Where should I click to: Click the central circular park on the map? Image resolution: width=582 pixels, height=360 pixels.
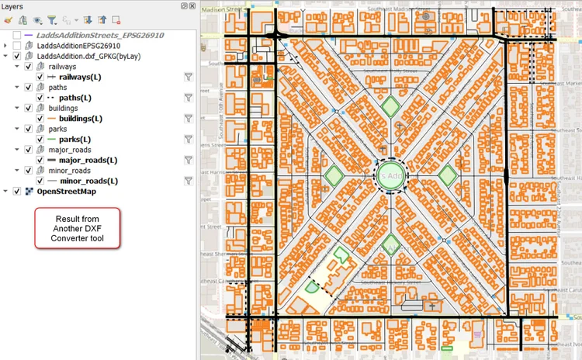(390, 177)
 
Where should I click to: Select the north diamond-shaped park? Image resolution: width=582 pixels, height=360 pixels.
(391, 106)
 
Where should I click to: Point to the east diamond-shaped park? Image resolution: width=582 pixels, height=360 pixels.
(448, 176)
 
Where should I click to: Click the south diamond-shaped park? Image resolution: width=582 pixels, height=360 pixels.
(391, 242)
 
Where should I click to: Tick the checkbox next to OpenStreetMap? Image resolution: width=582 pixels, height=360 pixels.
(17, 192)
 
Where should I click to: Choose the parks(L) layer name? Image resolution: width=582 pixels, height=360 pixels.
(76, 140)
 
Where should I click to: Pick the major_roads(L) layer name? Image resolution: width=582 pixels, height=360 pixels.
(88, 161)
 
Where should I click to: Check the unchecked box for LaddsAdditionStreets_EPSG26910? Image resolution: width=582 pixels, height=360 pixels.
(17, 36)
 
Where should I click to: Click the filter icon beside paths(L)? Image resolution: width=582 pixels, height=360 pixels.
(188, 98)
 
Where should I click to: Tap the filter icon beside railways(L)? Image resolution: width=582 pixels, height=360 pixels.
(188, 77)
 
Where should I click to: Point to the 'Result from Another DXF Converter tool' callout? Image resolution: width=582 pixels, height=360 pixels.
(77, 228)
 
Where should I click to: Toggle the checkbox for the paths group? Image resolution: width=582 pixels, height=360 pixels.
(29, 88)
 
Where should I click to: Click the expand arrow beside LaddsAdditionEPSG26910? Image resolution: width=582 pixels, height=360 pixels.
(6, 46)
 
